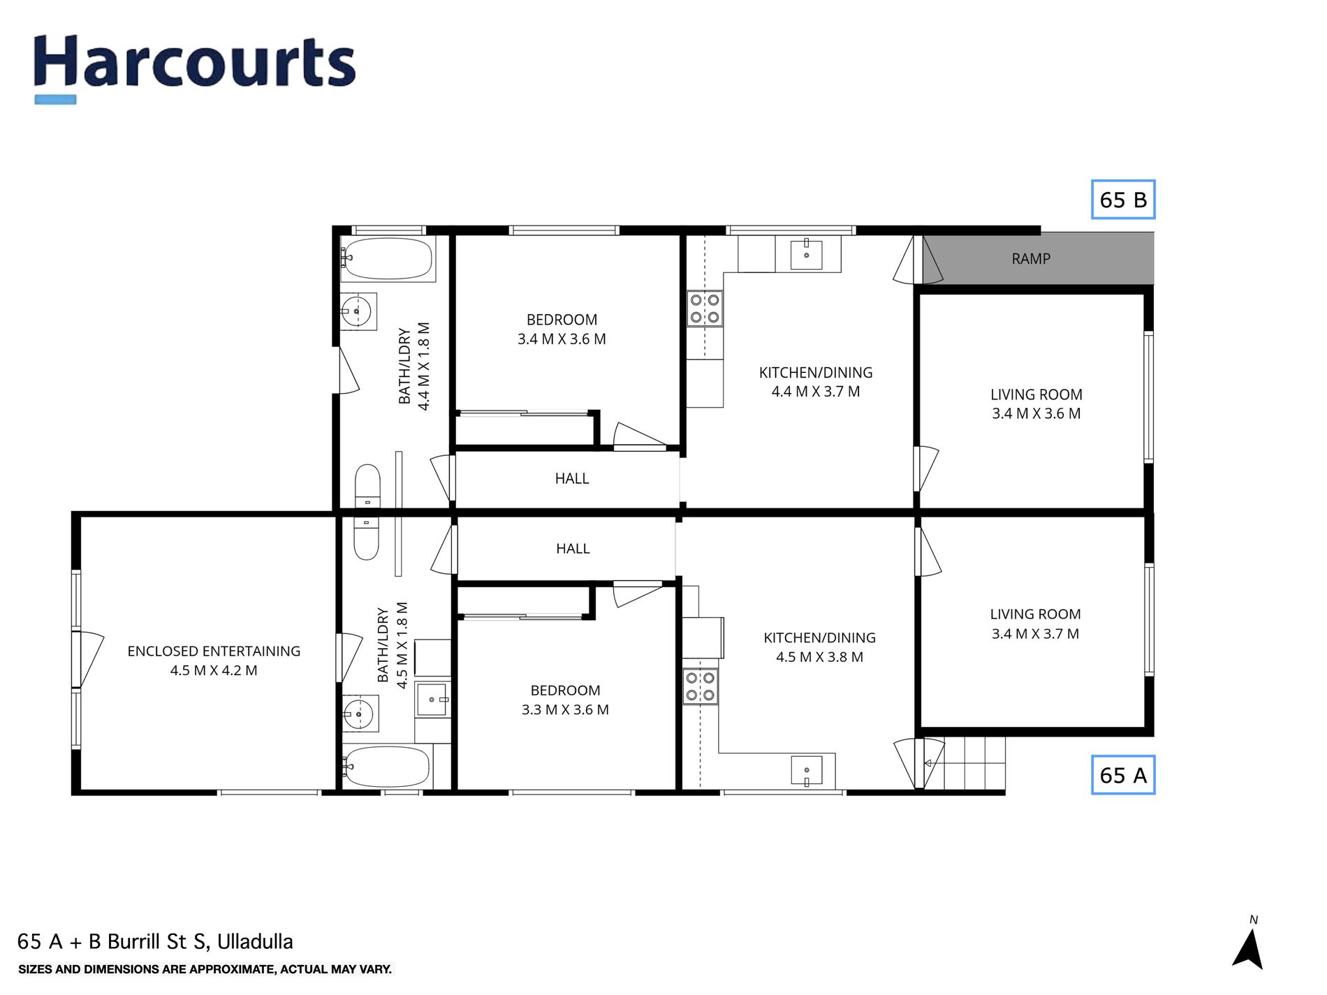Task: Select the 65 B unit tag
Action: tap(1123, 200)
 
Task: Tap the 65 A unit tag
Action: tap(1123, 775)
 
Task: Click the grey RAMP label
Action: tap(1031, 259)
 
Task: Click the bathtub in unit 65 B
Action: tap(388, 259)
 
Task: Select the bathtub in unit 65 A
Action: tap(388, 767)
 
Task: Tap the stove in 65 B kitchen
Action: tap(705, 309)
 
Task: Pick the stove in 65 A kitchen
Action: tap(700, 686)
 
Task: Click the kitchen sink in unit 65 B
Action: tap(807, 255)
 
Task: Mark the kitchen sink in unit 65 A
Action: tap(807, 771)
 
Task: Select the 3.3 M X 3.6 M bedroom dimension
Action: tap(565, 710)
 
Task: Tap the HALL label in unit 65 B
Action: tap(572, 479)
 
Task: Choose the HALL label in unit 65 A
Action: tap(573, 549)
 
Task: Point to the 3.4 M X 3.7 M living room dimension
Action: tap(1035, 634)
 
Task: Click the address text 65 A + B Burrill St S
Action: tap(155, 941)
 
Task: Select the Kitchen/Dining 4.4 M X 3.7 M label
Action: tap(816, 382)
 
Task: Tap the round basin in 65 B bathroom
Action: tap(355, 311)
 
